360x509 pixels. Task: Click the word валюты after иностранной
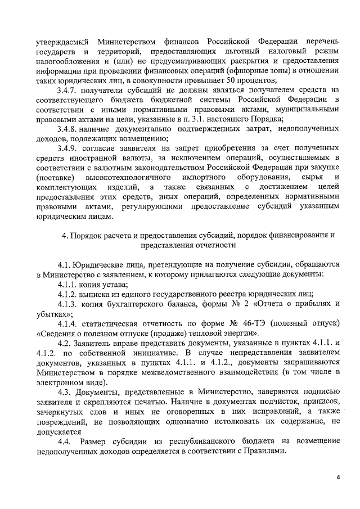[x=114, y=158]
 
